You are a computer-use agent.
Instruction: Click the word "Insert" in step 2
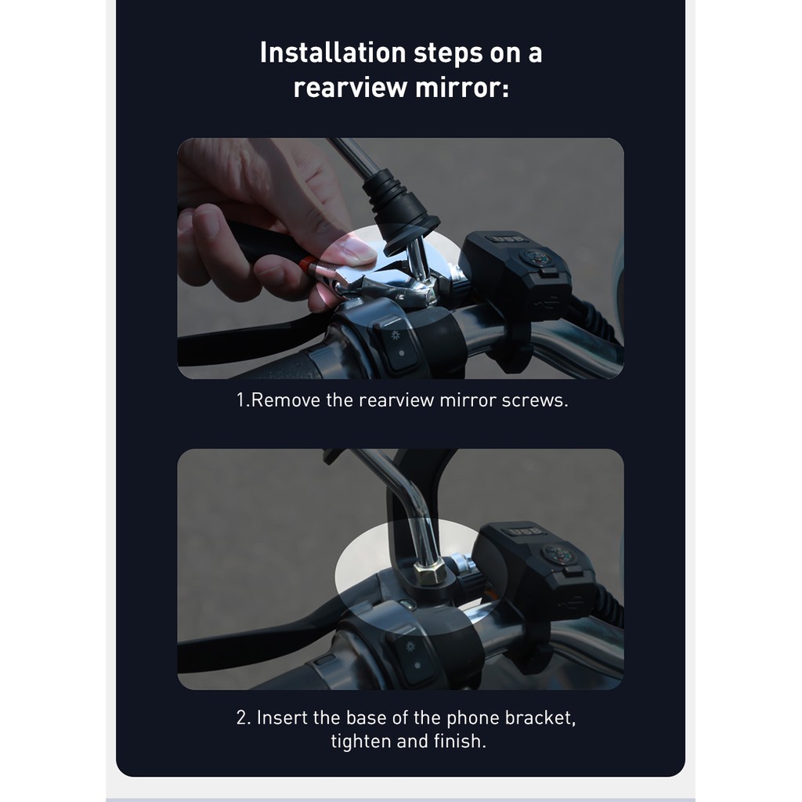pyautogui.click(x=281, y=717)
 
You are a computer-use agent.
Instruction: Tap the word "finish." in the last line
pyautogui.click(x=459, y=741)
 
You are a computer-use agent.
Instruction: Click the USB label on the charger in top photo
pyautogui.click(x=497, y=238)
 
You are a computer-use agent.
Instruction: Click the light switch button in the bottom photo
pyautogui.click(x=410, y=657)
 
